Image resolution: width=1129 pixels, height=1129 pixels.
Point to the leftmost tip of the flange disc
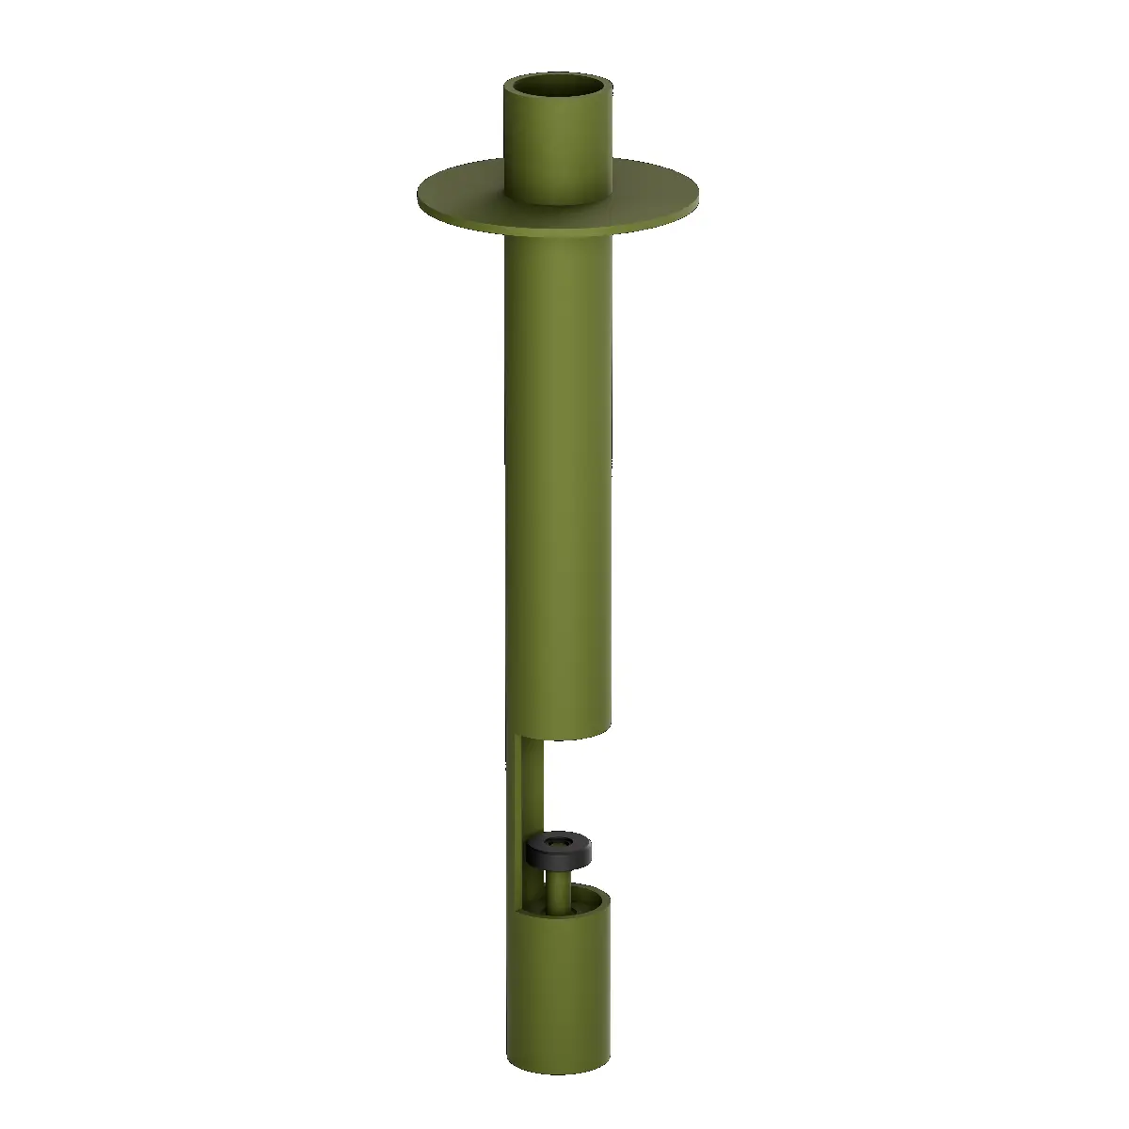coord(420,195)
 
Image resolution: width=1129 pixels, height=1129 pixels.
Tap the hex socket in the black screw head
coord(559,840)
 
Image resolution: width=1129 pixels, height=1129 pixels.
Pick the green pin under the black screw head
coord(559,889)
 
